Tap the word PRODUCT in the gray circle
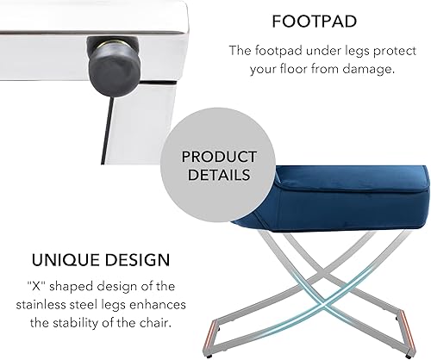click(x=219, y=157)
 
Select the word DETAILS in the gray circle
click(x=219, y=175)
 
